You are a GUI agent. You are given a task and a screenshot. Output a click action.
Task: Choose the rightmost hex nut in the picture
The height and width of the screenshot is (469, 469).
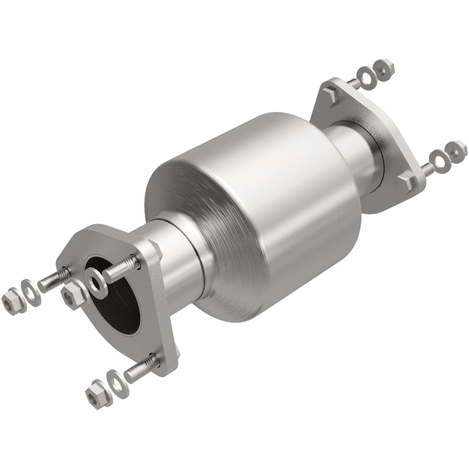[x=457, y=149]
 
